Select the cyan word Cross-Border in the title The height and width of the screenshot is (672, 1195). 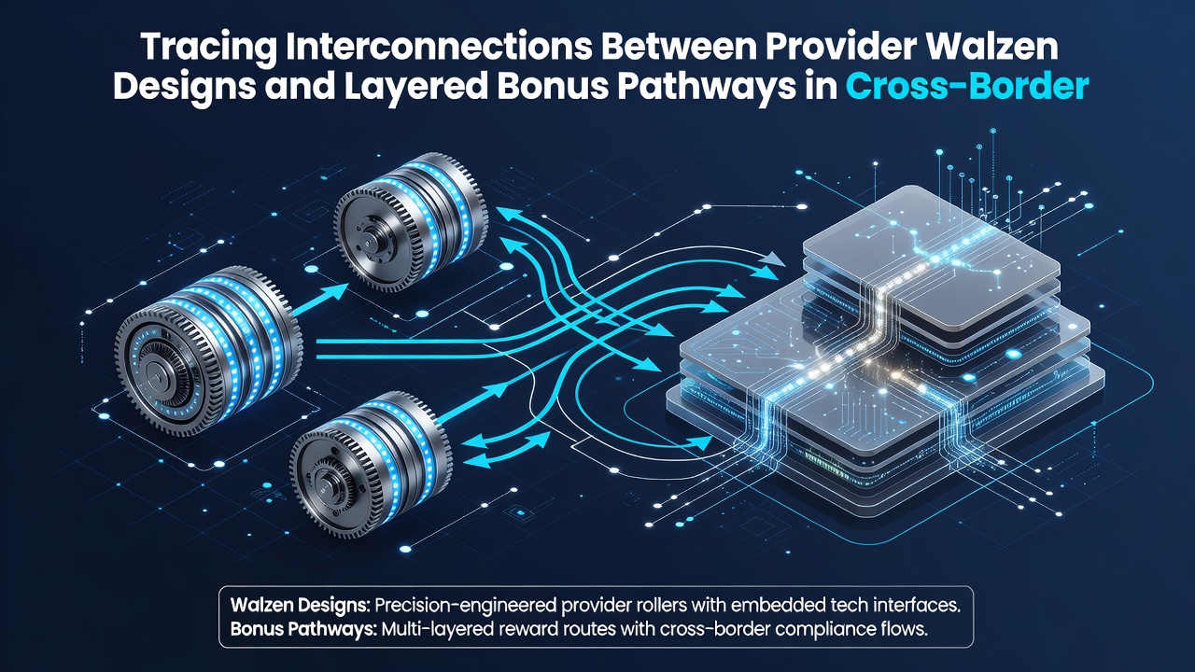[966, 87]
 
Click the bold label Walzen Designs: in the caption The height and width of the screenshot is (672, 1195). [301, 606]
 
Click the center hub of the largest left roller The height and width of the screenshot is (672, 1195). [156, 373]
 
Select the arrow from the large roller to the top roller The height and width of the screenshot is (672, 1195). [320, 301]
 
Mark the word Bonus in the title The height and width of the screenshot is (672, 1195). [553, 87]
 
